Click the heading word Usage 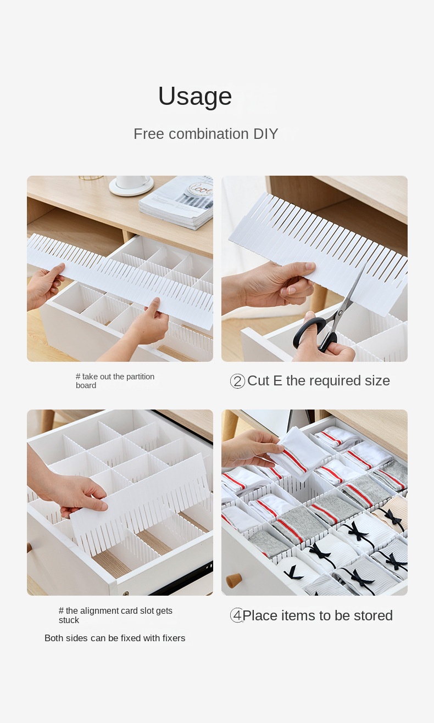pyautogui.click(x=195, y=96)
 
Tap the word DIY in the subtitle pyautogui.click(x=265, y=134)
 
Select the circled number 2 pyautogui.click(x=238, y=381)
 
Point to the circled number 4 pyautogui.click(x=237, y=615)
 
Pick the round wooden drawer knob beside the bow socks pyautogui.click(x=233, y=580)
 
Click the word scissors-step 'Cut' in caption pyautogui.click(x=258, y=381)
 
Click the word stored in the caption pyautogui.click(x=373, y=615)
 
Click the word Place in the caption pyautogui.click(x=260, y=615)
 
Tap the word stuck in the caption pyautogui.click(x=69, y=620)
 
